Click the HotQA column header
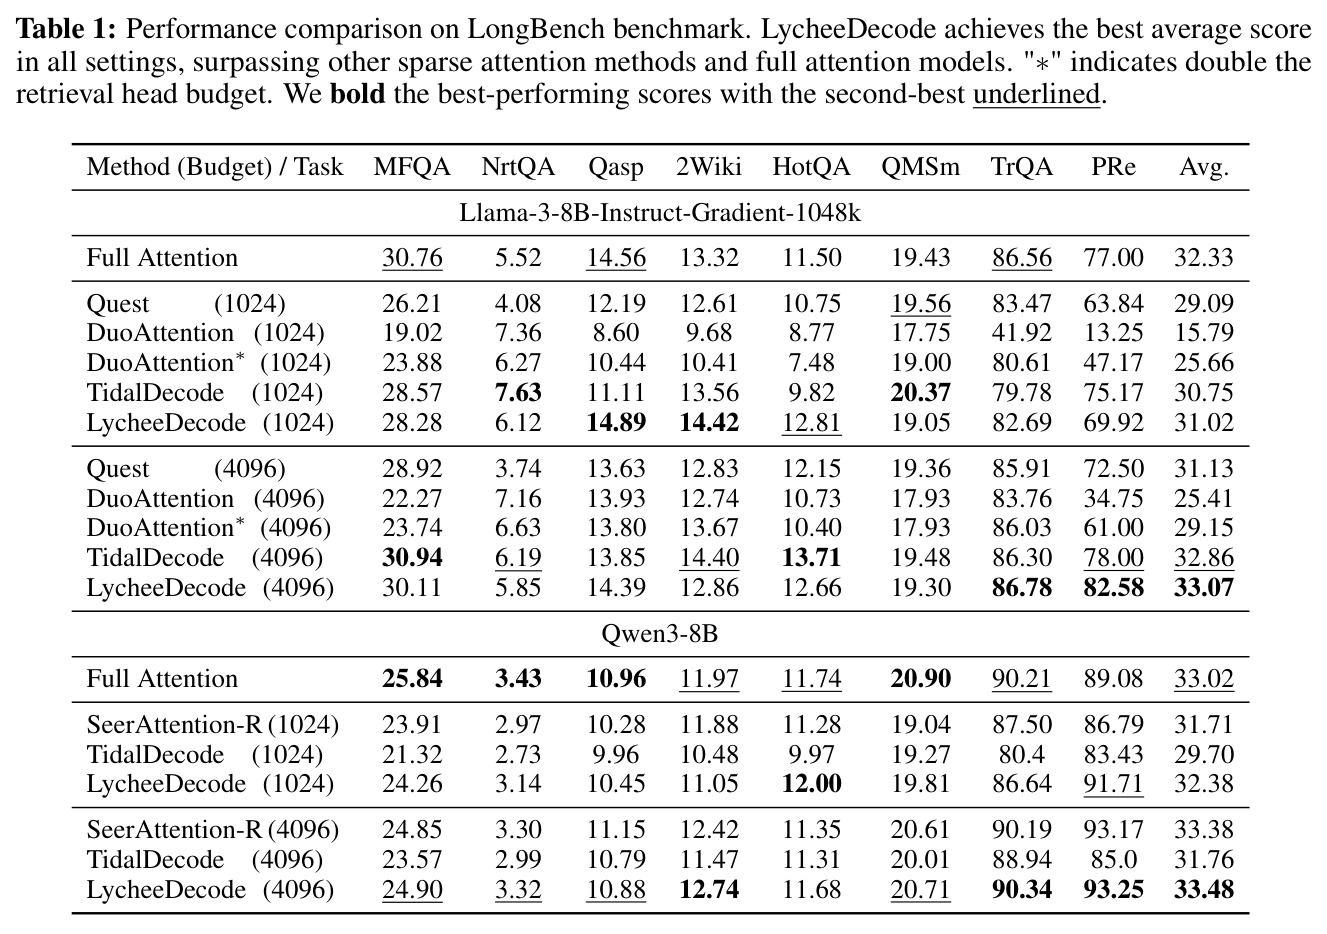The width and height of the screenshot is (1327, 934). click(x=811, y=167)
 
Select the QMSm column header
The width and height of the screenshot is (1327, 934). click(x=920, y=167)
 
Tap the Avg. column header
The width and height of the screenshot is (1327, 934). click(x=1204, y=168)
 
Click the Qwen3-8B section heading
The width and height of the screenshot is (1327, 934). click(x=659, y=634)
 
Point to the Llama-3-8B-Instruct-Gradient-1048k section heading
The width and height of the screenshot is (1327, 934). click(x=660, y=213)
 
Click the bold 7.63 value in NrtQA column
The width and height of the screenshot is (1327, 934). click(x=518, y=393)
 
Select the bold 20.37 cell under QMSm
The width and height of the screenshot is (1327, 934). click(x=920, y=393)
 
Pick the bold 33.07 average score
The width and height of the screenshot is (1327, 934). click(x=1204, y=588)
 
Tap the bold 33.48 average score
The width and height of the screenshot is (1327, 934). click(x=1204, y=890)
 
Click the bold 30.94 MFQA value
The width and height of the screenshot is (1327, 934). click(x=412, y=557)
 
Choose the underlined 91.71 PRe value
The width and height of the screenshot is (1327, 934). click(x=1113, y=784)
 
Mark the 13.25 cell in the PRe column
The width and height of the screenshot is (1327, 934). click(x=1113, y=333)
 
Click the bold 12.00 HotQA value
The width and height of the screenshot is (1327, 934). click(x=811, y=784)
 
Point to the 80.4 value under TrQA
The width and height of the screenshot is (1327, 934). click(x=1022, y=755)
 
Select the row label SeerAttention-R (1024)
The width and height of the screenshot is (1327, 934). click(x=213, y=725)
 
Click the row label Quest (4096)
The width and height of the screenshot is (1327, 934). click(x=186, y=469)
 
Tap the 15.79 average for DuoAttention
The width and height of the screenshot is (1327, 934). click(x=1204, y=333)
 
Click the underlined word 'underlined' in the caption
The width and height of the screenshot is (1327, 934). click(x=1036, y=94)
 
